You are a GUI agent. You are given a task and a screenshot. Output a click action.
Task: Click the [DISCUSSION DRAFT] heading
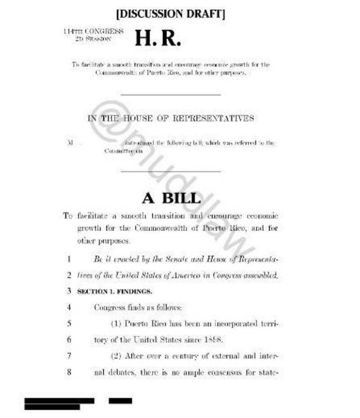pyautogui.click(x=171, y=14)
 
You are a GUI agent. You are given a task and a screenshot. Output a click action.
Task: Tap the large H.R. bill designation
pyautogui.click(x=158, y=39)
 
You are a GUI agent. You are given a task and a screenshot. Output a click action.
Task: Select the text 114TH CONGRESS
pyautogui.click(x=93, y=31)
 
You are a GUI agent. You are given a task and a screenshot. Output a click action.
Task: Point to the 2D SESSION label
pyautogui.click(x=94, y=39)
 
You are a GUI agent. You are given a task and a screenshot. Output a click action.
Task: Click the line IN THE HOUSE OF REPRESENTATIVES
pyautogui.click(x=171, y=119)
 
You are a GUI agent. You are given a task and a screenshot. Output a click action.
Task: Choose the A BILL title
pyautogui.click(x=171, y=198)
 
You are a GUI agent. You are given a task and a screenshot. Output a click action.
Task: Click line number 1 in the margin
pyautogui.click(x=69, y=259)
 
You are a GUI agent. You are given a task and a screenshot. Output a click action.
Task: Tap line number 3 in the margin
pyautogui.click(x=69, y=291)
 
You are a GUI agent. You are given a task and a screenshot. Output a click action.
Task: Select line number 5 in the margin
pyautogui.click(x=69, y=323)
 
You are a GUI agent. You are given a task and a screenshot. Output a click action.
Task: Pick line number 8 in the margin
pyautogui.click(x=69, y=372)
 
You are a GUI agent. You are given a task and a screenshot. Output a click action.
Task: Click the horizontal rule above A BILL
pyautogui.click(x=171, y=171)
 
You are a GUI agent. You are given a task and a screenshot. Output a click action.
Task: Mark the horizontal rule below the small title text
pyautogui.click(x=171, y=95)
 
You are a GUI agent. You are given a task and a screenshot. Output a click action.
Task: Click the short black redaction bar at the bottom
pyautogui.click(x=120, y=400)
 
